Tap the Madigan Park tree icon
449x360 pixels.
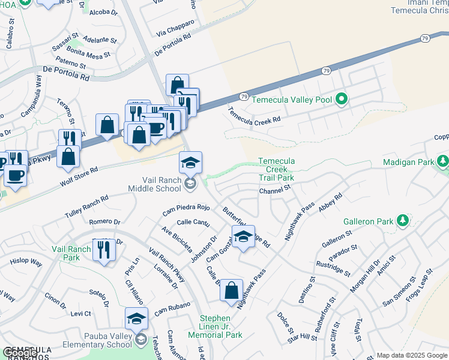point(443,161)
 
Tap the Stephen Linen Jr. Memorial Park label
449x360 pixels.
point(215,326)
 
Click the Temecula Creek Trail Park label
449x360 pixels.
point(276,169)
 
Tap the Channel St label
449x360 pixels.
point(274,191)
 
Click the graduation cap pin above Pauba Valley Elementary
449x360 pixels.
point(136,318)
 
